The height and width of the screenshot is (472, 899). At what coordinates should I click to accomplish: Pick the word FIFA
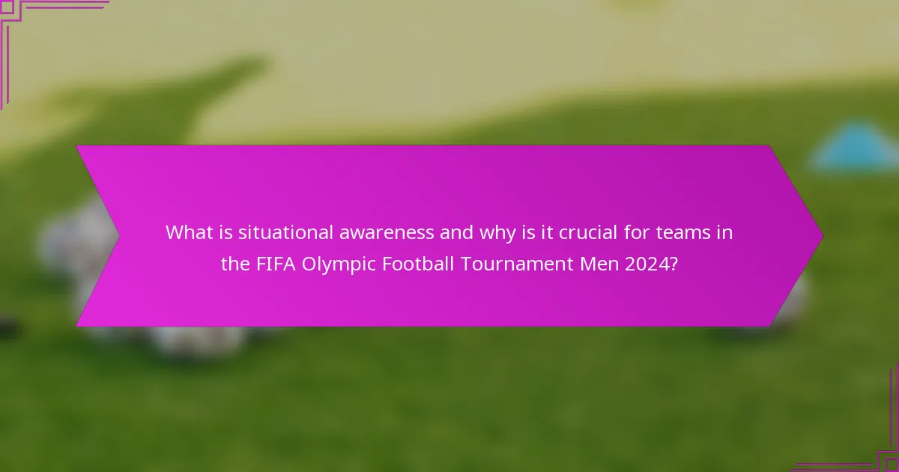click(275, 264)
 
